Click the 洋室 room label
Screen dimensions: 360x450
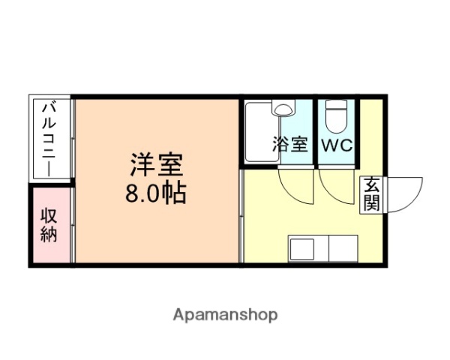point(157,164)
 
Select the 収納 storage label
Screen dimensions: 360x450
point(49,224)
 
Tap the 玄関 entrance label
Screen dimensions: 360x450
point(373,194)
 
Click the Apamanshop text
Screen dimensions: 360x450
point(226,315)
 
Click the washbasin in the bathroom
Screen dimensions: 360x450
point(284,109)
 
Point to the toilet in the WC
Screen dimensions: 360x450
point(335,116)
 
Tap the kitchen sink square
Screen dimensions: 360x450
point(303,247)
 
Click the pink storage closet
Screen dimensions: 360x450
point(51,224)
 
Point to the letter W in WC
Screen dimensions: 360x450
point(329,145)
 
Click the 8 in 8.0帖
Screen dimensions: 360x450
point(133,193)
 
